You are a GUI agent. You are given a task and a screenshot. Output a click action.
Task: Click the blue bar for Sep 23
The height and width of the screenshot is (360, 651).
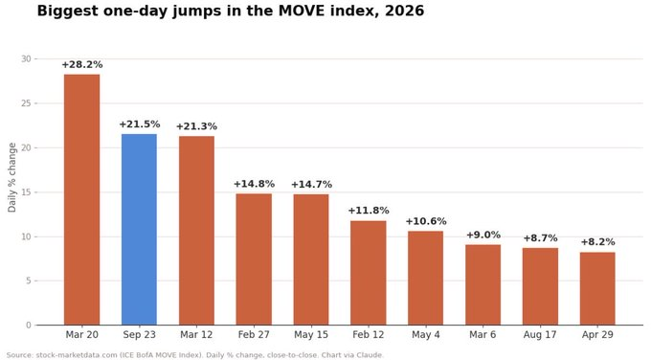139,229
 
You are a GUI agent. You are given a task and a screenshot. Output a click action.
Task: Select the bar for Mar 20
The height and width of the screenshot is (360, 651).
81,200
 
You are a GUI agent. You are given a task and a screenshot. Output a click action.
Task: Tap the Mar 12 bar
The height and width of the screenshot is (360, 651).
196,231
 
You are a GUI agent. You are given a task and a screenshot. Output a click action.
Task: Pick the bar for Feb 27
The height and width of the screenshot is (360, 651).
254,259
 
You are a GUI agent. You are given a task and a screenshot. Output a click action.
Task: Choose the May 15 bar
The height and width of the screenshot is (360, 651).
311,259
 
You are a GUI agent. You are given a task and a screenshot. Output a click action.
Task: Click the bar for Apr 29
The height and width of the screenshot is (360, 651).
597,288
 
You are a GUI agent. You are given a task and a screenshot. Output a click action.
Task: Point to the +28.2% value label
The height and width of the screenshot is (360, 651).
81,65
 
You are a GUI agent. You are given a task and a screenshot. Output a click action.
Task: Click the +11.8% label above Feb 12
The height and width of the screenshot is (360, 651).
369,211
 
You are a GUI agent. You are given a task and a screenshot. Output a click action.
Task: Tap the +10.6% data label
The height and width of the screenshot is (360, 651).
426,221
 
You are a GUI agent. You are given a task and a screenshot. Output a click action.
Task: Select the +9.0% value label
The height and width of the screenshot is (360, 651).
483,235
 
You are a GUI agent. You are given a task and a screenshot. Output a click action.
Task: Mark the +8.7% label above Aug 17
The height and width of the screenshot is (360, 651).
540,238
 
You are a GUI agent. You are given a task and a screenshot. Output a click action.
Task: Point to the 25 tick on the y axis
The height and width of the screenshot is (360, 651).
26,103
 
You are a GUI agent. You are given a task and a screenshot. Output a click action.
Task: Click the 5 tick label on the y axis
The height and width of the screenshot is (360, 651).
29,281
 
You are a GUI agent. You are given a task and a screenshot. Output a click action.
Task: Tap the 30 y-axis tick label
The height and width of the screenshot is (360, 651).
26,59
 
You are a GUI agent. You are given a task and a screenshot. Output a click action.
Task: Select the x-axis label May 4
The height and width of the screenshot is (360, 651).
426,335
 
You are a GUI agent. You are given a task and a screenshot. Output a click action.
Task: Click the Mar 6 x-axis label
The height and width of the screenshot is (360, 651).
483,335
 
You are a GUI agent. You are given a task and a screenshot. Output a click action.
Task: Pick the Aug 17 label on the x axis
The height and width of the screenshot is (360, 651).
540,335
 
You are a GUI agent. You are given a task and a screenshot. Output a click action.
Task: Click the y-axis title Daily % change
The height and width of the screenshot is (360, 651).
12,177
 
